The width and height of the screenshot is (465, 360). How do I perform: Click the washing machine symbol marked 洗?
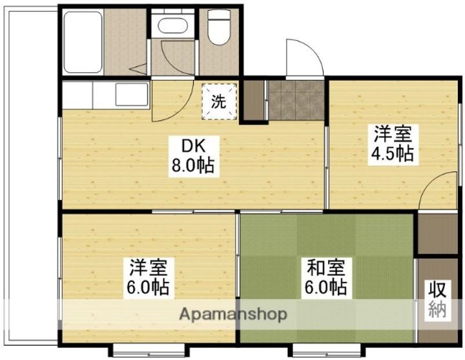[x=220, y=101]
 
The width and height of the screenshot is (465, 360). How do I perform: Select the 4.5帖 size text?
[x=392, y=154]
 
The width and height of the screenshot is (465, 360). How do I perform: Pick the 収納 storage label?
[x=437, y=299]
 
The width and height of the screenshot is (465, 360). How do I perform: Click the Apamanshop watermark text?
[x=234, y=315]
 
